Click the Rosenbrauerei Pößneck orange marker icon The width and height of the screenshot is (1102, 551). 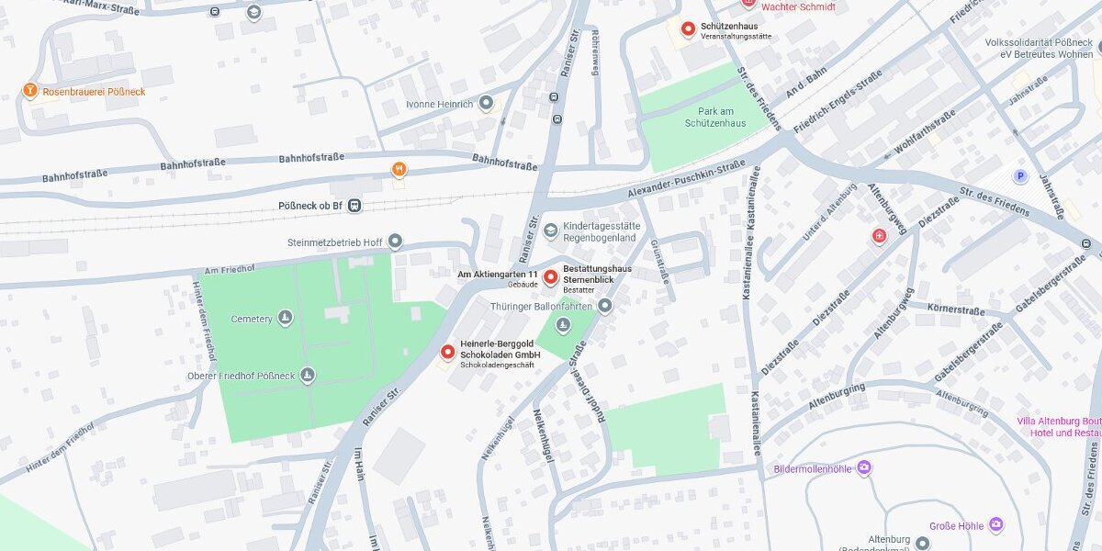[30, 91]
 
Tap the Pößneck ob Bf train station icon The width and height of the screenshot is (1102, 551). [354, 206]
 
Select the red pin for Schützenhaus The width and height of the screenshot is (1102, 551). [688, 29]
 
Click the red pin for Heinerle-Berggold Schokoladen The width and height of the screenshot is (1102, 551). [448, 352]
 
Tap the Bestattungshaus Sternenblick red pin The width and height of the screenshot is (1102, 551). [551, 277]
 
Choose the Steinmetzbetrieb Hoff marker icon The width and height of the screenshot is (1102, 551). [396, 242]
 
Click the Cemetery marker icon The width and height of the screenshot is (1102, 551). [286, 319]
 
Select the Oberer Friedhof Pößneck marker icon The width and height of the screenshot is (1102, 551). [308, 375]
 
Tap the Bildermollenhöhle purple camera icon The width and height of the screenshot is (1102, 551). [864, 468]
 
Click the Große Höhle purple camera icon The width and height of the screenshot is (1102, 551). [996, 525]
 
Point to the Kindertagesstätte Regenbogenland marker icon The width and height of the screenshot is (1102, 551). [550, 230]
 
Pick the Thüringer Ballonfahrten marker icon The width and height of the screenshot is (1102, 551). [605, 305]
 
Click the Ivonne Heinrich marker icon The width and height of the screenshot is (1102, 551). [486, 103]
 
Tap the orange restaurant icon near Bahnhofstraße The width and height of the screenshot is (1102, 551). [399, 169]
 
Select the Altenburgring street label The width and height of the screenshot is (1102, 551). [837, 397]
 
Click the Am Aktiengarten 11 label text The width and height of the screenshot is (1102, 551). [497, 274]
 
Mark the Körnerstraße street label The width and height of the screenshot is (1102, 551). [956, 309]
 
